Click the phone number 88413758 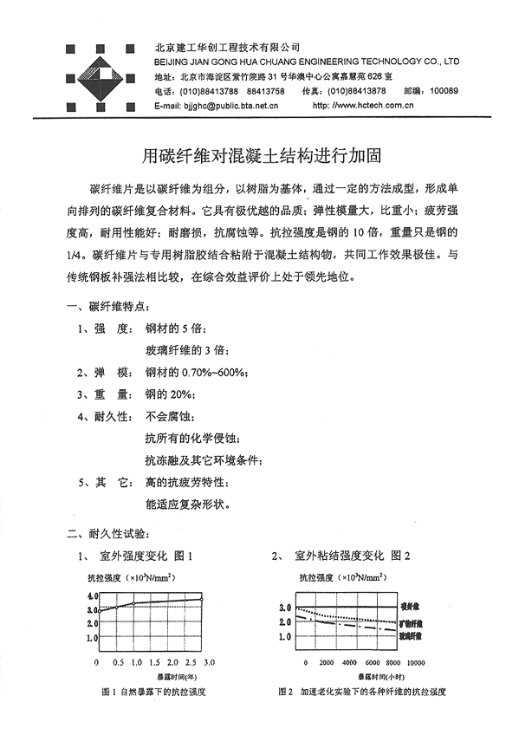coord(265,91)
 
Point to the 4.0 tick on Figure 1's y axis coord(93,596)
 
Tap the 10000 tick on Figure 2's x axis coord(416,662)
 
